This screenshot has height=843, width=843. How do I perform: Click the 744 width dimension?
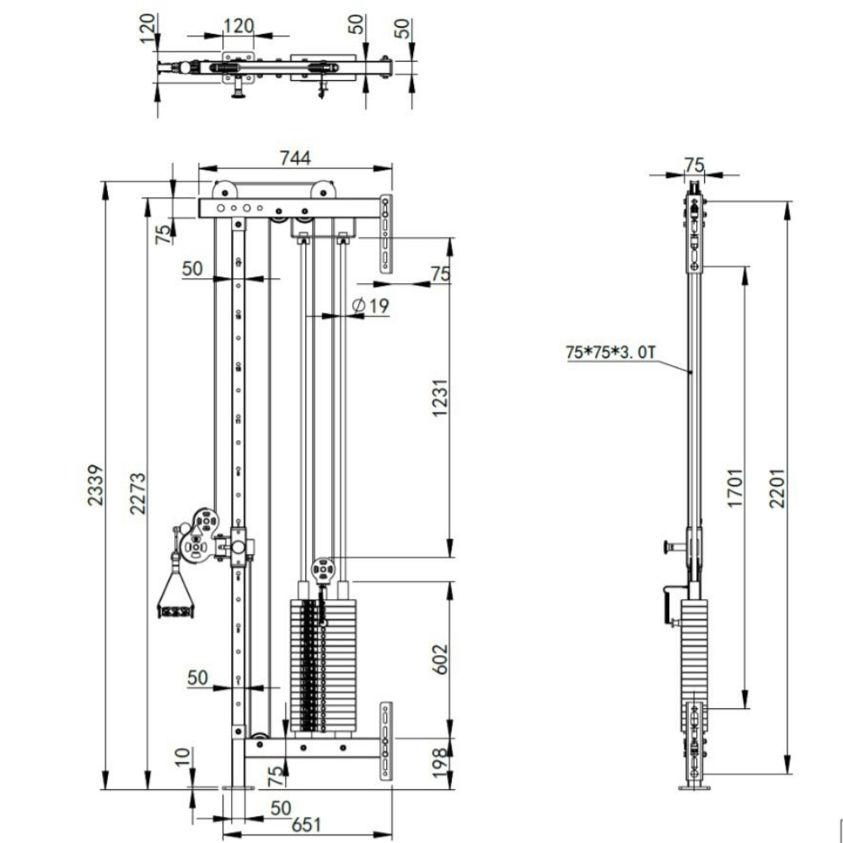coord(295,158)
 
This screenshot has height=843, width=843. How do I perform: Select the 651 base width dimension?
coord(307,826)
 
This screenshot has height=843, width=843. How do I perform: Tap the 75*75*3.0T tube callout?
coord(610,353)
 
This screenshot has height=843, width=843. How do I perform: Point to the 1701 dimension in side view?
coord(735,486)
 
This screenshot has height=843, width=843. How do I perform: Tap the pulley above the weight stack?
coord(322,569)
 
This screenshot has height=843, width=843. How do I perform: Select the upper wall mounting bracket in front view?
coord(386,234)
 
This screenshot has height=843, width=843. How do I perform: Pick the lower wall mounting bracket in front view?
coord(386,739)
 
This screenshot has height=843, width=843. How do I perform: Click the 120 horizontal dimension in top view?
coord(239,24)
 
